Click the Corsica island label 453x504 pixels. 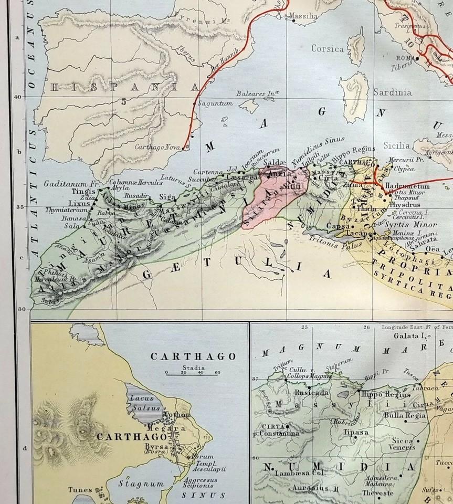point(328,49)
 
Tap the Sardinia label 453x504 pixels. point(392,92)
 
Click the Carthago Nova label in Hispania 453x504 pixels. point(157,148)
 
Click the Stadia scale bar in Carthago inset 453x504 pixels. point(192,373)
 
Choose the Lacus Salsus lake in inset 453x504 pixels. point(140,403)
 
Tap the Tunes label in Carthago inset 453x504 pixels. point(80,490)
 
